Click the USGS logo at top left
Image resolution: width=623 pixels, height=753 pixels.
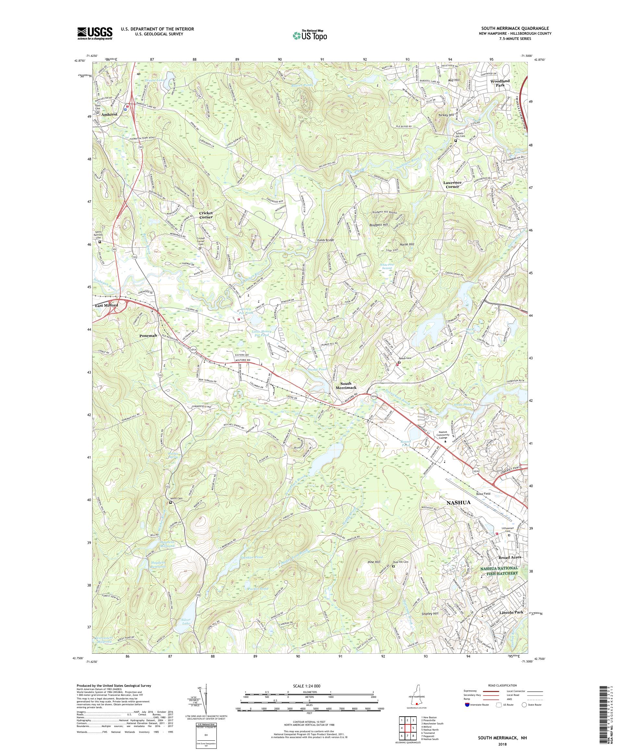(95, 33)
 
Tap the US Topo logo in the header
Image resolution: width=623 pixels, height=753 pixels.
(311, 35)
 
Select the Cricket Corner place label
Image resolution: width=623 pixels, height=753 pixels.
(206, 215)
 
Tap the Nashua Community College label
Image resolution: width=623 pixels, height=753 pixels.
(446, 435)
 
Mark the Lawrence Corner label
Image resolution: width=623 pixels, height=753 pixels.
(453, 184)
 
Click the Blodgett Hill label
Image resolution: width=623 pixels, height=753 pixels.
(379, 225)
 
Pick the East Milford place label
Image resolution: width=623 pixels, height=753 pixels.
(106, 305)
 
